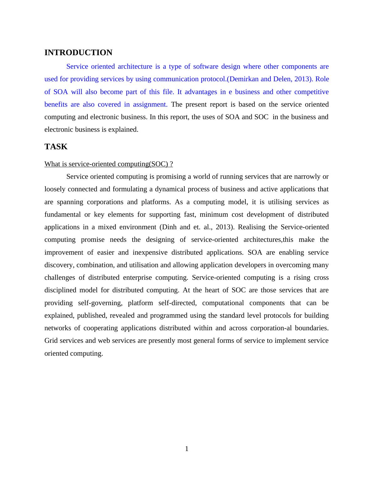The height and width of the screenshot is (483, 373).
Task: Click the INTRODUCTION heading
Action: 78,53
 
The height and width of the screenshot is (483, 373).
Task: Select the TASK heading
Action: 56,147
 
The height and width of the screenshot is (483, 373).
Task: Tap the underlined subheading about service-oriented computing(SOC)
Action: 108,164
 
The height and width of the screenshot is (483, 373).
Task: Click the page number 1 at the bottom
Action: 187,449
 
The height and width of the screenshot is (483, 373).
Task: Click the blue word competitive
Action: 312,92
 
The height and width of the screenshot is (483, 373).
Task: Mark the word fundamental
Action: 63,215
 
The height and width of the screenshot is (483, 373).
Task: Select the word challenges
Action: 60,278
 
